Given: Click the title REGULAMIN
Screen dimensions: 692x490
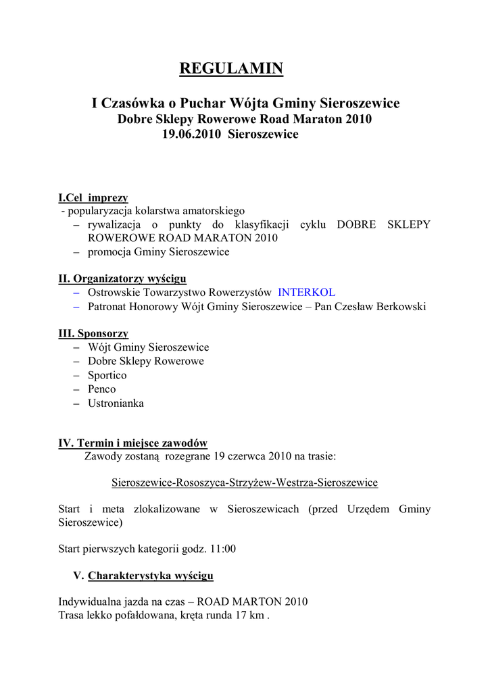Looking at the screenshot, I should click(x=230, y=68).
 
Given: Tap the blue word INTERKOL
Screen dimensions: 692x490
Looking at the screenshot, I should click(x=306, y=293).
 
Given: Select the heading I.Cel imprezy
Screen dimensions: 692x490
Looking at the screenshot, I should click(x=93, y=198).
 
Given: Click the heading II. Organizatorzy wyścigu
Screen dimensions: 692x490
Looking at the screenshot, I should click(x=122, y=278).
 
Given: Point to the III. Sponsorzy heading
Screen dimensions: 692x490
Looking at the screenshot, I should click(x=93, y=334).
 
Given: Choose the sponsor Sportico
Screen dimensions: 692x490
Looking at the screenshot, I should click(x=107, y=375).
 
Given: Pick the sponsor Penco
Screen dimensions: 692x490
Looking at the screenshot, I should click(x=101, y=389).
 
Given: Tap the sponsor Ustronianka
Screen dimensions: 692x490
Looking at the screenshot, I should click(x=116, y=403).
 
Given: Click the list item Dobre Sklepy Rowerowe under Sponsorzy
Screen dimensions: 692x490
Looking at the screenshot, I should click(x=145, y=362).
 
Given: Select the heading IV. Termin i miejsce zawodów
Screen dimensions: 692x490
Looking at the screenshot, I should click(x=132, y=443).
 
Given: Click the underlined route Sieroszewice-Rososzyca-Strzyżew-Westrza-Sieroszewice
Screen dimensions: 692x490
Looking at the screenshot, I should click(x=244, y=483).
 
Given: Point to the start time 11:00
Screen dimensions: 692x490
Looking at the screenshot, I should click(x=223, y=549).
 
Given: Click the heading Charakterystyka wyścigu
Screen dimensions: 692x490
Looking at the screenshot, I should click(x=151, y=576).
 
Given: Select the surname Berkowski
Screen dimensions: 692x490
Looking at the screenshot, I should click(x=401, y=307).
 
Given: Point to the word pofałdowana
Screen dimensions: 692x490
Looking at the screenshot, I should click(x=138, y=616).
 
